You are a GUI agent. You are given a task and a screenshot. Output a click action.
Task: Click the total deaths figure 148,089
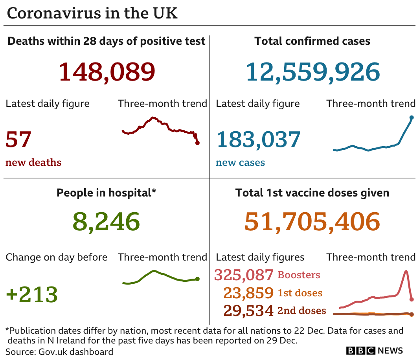[x=107, y=72]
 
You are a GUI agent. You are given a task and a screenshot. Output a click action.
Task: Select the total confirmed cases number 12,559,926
[x=313, y=72]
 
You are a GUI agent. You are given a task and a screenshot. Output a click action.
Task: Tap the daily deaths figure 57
[x=18, y=140]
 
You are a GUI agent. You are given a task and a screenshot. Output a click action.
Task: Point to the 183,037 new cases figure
[x=258, y=140]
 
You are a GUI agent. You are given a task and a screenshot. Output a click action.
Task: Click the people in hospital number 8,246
[x=106, y=222]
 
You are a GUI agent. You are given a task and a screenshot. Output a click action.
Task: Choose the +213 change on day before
[x=32, y=294]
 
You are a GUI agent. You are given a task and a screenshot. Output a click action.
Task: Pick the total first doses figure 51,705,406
[x=312, y=222]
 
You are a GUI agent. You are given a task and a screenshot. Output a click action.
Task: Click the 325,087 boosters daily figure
[x=243, y=275]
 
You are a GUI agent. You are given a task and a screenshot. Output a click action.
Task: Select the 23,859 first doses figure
[x=248, y=293]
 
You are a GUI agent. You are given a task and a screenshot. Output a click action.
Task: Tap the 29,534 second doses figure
[x=248, y=310]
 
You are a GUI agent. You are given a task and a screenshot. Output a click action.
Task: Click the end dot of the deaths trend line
[x=197, y=143]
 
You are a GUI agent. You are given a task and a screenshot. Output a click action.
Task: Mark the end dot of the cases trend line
[x=412, y=117]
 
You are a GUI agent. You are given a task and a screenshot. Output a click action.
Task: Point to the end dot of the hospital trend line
[x=197, y=279]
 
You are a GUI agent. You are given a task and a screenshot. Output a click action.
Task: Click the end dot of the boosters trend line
[x=412, y=299]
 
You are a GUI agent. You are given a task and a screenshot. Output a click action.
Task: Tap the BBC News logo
[x=374, y=351]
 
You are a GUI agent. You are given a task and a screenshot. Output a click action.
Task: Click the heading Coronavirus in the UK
[x=92, y=13]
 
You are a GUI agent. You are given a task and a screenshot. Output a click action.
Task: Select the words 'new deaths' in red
[x=33, y=162]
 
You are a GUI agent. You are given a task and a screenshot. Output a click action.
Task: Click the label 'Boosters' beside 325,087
[x=299, y=275]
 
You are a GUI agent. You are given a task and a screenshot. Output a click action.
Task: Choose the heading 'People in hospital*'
[x=106, y=193]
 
